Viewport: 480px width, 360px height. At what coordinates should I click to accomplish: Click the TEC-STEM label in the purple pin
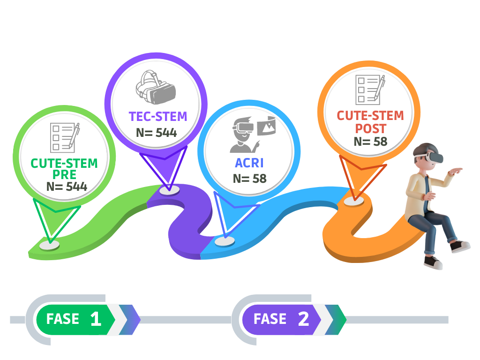click(x=158, y=116)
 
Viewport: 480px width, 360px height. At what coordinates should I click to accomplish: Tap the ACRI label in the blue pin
click(x=249, y=163)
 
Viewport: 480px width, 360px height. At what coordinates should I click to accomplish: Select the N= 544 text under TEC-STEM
click(x=157, y=133)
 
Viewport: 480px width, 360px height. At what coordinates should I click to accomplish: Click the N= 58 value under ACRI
click(x=249, y=179)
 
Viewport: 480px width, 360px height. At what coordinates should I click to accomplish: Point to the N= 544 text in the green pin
click(x=67, y=186)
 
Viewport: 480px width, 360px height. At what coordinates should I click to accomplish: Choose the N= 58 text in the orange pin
click(x=370, y=141)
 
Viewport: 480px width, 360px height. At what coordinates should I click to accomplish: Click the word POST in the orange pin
click(x=370, y=128)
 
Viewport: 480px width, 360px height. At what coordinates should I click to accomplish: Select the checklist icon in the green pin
click(x=65, y=137)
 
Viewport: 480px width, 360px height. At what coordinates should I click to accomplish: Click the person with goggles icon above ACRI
click(x=248, y=134)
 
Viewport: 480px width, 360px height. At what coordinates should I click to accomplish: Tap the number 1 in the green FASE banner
click(x=96, y=319)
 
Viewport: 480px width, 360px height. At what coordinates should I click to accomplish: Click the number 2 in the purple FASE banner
click(x=303, y=319)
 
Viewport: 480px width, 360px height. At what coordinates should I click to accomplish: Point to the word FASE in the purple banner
click(x=270, y=319)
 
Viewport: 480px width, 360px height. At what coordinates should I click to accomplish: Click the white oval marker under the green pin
click(x=49, y=245)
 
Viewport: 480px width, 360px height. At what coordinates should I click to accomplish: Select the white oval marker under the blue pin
click(x=225, y=241)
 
